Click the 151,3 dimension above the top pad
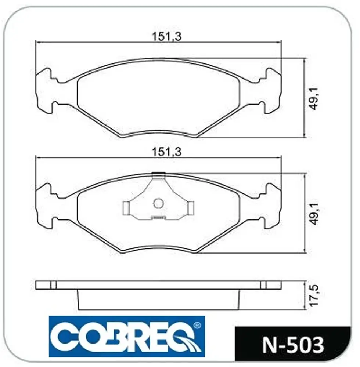pyautogui.click(x=166, y=36)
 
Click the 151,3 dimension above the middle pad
pyautogui.click(x=166, y=152)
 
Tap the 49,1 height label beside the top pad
pyautogui.click(x=314, y=98)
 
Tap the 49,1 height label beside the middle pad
pyautogui.click(x=314, y=214)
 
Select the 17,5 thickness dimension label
pyautogui.click(x=314, y=295)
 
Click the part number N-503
pyautogui.click(x=293, y=345)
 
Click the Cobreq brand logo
pyautogui.click(x=127, y=336)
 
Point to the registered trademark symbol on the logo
pyautogui.click(x=198, y=326)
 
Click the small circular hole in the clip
pyautogui.click(x=158, y=203)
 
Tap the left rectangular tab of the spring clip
pyautogui.click(x=126, y=208)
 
